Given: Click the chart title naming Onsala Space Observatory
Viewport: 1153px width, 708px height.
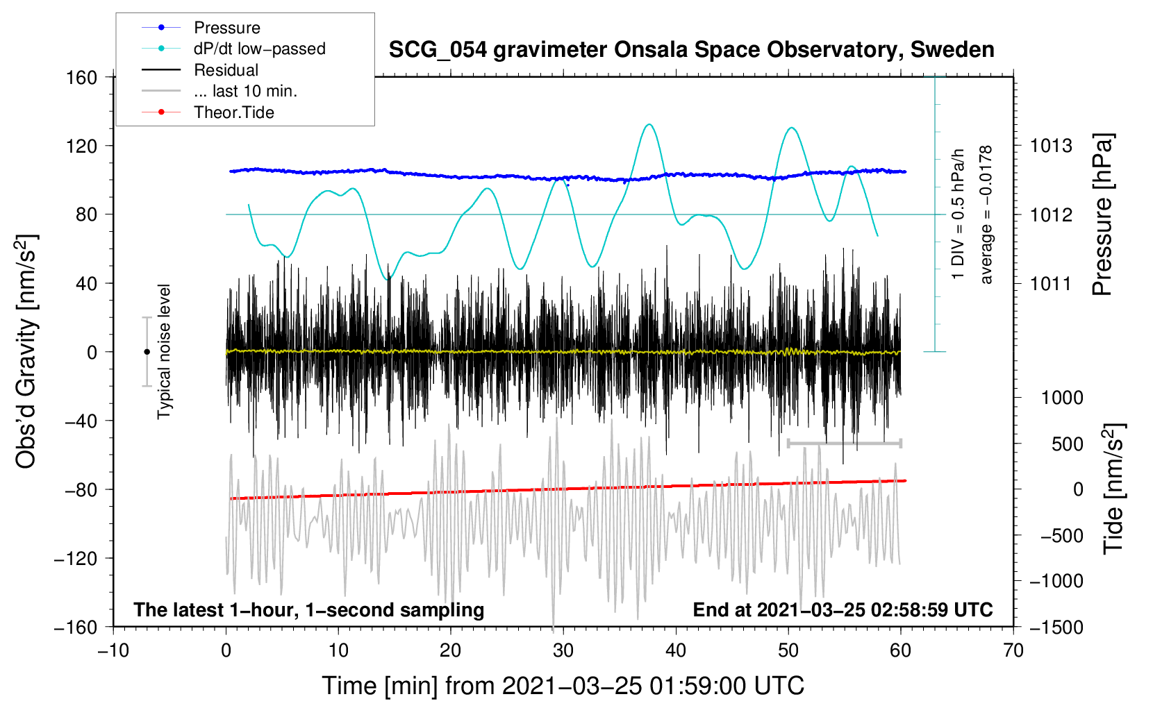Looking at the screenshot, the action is (691, 50).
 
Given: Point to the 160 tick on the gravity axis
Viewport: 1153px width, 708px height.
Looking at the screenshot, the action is (82, 77).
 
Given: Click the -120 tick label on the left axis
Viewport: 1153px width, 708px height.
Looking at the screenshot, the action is (76, 558).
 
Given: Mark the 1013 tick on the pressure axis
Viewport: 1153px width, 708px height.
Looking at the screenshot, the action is (1051, 146).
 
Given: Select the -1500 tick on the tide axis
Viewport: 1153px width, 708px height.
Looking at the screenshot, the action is (1056, 627).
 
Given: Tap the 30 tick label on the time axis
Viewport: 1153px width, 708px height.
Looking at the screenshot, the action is (563, 650).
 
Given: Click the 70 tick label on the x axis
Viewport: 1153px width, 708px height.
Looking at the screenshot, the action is (1013, 650).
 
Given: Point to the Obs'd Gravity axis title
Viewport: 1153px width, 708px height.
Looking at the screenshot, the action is (26, 351).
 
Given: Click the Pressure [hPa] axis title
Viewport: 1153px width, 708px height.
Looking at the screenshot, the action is (1102, 214).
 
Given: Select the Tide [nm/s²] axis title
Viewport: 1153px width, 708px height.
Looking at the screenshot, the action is (1114, 489).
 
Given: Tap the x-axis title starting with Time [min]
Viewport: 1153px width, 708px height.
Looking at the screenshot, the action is (563, 686).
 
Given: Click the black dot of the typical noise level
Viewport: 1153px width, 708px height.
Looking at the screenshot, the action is (147, 352).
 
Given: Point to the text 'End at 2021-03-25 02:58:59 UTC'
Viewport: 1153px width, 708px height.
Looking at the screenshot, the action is (843, 609).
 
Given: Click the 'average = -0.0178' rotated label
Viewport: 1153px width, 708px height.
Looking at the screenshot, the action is (986, 214).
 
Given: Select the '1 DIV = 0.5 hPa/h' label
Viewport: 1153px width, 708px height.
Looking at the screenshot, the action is (957, 214).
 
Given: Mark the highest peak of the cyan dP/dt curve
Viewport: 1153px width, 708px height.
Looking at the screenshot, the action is (649, 124).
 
